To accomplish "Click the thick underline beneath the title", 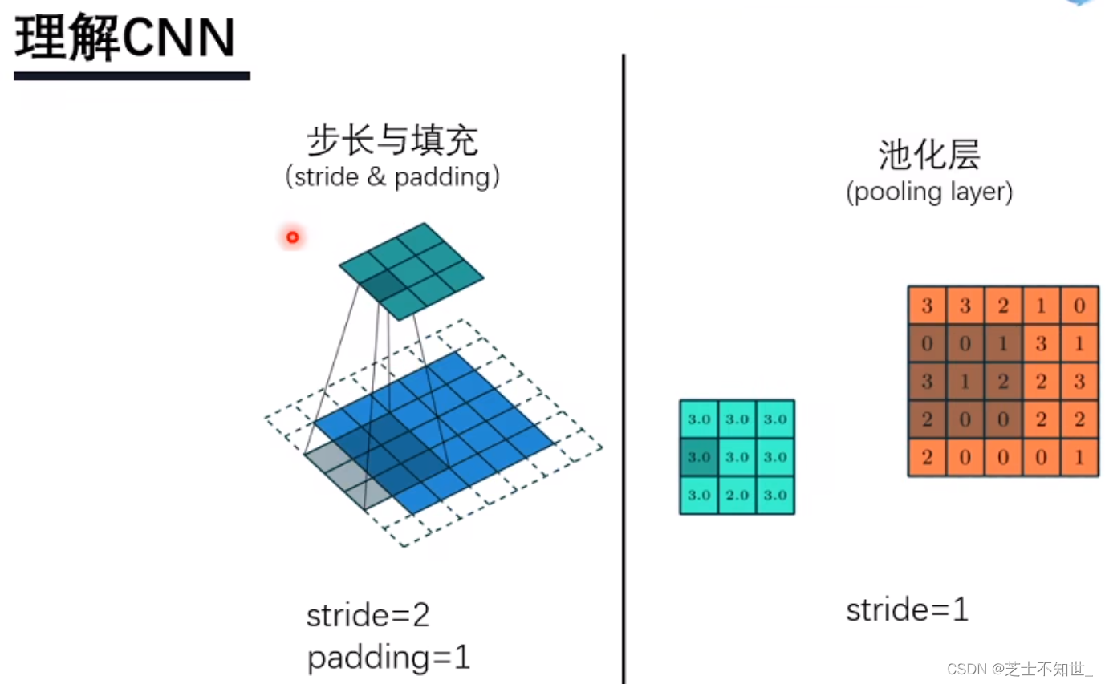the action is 132,76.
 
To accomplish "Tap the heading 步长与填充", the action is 392,142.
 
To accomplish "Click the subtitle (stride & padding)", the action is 392,176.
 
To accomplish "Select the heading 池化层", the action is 929,155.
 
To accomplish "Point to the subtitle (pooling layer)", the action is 929,192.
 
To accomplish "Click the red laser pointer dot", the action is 292,237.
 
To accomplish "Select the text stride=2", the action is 368,616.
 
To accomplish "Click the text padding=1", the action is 388,658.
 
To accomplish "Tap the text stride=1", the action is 907,610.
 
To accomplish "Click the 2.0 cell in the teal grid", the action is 737,495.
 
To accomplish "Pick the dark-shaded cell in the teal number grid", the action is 699,457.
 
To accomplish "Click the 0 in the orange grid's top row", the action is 1079,306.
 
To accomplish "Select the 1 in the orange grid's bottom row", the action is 1079,458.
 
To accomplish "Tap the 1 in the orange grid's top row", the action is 1042,306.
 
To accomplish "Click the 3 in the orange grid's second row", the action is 1042,344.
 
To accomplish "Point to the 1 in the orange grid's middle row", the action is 965,382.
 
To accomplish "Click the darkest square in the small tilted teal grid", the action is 387,285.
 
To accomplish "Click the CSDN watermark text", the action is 1019,669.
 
